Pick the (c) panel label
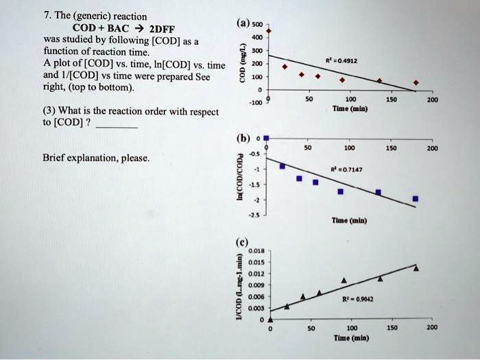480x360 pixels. coord(243,243)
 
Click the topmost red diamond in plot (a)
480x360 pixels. coord(269,32)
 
